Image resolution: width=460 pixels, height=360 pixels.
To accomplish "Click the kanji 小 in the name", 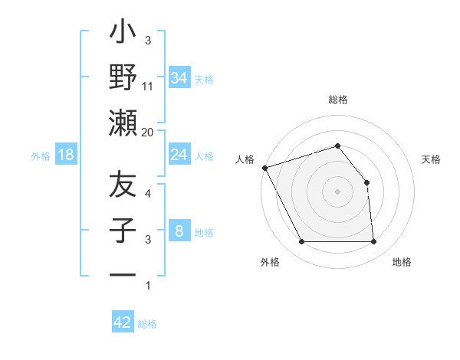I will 123,34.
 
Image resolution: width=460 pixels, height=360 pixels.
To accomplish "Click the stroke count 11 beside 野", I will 148,87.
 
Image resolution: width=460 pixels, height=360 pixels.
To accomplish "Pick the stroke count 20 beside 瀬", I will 148,133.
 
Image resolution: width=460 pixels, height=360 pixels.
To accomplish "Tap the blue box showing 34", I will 179,77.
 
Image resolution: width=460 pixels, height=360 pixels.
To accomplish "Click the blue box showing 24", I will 179,155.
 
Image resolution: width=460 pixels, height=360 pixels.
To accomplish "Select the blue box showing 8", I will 179,231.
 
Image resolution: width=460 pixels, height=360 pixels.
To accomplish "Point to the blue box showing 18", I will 66,155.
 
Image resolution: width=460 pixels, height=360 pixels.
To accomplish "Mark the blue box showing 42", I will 123,322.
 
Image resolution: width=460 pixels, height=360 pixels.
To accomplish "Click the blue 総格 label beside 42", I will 147,324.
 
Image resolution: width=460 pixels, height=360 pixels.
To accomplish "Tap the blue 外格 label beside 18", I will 41,156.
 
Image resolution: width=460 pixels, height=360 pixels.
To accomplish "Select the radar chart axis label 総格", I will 337,100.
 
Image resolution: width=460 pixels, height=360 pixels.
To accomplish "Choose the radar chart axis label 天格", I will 432,159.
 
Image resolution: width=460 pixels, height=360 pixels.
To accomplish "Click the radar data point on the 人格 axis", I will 264,167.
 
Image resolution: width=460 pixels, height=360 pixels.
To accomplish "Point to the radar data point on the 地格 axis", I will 373,242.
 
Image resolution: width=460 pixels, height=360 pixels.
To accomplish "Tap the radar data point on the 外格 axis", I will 301,242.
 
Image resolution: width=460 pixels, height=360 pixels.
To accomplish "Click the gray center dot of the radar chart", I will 337,191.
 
